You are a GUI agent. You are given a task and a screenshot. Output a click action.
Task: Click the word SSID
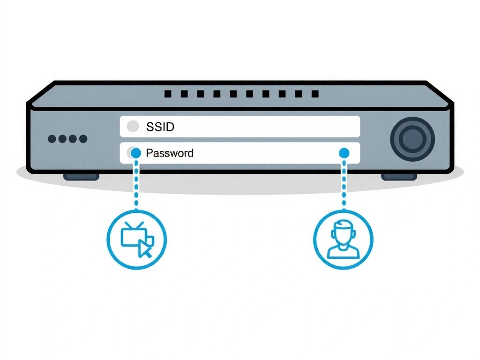click(x=161, y=127)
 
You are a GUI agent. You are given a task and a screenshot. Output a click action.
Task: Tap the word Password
click(x=170, y=153)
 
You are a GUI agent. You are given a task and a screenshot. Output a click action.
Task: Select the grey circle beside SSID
click(x=133, y=127)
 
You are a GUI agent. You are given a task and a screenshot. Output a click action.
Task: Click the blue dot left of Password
click(x=136, y=153)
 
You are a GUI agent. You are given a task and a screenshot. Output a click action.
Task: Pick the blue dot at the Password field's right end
click(x=344, y=153)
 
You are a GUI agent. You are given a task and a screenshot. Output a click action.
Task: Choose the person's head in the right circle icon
click(x=343, y=231)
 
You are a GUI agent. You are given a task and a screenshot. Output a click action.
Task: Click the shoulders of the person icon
click(x=343, y=253)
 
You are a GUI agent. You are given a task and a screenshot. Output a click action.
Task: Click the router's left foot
click(x=81, y=177)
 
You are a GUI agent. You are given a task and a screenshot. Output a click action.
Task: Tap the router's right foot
click(x=399, y=177)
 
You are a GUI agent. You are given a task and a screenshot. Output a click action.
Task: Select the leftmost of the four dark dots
click(x=52, y=139)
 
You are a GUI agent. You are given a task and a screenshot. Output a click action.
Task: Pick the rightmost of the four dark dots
click(x=83, y=139)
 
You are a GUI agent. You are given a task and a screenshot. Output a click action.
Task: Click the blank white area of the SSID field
click(x=262, y=127)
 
